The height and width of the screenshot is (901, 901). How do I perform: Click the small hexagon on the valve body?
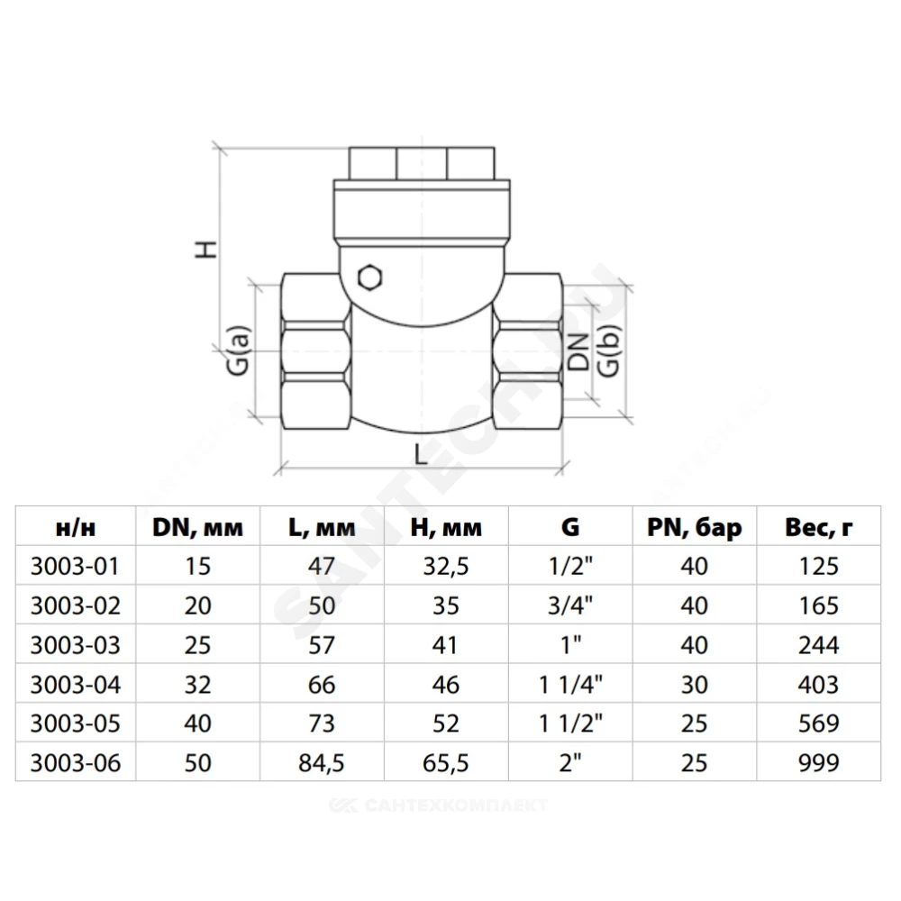(x=369, y=278)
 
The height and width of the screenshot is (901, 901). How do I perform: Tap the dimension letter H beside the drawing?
(x=205, y=249)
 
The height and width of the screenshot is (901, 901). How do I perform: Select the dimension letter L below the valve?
(x=421, y=454)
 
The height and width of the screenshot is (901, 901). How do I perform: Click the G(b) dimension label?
(x=609, y=350)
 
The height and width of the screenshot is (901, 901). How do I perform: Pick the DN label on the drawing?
(x=578, y=351)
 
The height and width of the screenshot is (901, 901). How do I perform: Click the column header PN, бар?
(x=694, y=527)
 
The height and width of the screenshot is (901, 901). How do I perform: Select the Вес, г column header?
(x=818, y=527)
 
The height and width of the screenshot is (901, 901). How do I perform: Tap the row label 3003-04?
(x=76, y=685)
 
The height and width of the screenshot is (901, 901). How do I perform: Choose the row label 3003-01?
(x=75, y=566)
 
